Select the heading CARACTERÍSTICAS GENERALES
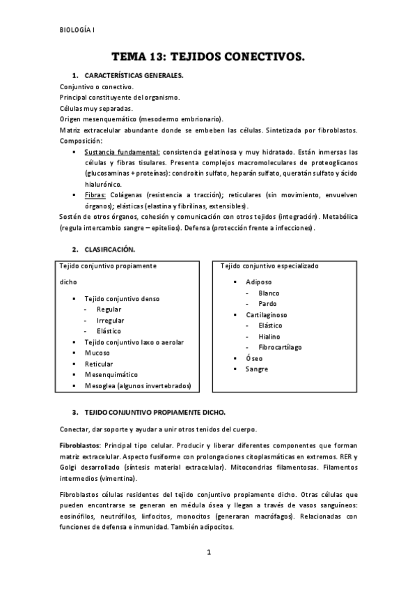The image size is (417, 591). [134, 75]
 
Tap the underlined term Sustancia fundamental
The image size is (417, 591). [122, 151]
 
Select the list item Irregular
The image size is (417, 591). [110, 320]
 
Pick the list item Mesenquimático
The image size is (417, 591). [111, 374]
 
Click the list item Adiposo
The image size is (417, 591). [259, 282]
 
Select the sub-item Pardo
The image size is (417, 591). [267, 304]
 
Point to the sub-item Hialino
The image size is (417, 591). [269, 336]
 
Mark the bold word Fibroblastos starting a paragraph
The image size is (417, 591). [80, 445]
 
